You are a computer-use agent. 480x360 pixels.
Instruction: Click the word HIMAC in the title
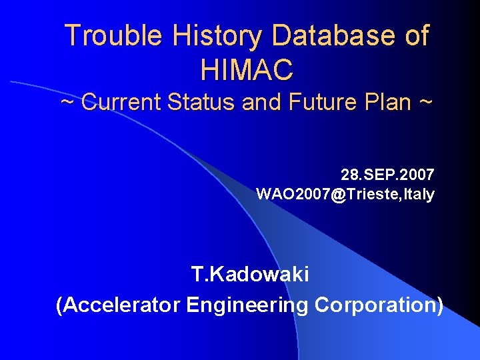point(246,68)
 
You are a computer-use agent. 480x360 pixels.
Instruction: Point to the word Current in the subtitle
point(122,103)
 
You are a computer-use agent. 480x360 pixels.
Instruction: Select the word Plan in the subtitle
point(390,103)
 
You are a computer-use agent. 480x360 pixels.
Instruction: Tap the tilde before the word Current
point(67,103)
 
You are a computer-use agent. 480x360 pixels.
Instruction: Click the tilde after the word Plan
point(426,103)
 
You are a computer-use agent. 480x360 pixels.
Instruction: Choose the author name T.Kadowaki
point(249,274)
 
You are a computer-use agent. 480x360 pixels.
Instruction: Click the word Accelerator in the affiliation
point(122,305)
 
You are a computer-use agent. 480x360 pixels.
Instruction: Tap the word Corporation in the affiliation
point(377,305)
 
